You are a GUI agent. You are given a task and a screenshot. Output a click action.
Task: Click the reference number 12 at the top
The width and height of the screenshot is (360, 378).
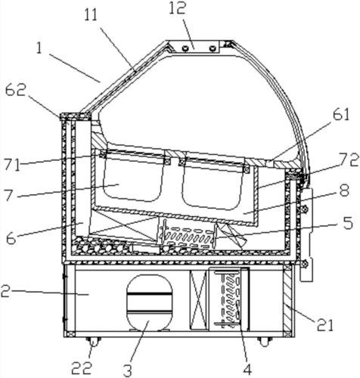[178, 8]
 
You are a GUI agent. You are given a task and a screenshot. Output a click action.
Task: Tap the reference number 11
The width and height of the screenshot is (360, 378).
[91, 15]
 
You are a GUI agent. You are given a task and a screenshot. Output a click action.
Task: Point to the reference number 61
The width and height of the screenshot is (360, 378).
[341, 115]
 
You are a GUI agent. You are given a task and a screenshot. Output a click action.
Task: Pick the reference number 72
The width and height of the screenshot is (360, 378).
[349, 160]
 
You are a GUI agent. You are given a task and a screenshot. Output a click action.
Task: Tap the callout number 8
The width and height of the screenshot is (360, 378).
[344, 191]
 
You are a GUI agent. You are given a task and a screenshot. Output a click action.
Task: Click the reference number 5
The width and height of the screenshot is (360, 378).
[347, 223]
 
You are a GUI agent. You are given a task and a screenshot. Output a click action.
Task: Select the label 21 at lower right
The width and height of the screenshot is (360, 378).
[324, 325]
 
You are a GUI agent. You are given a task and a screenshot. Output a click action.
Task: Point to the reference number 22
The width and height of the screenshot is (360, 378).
[81, 369]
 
